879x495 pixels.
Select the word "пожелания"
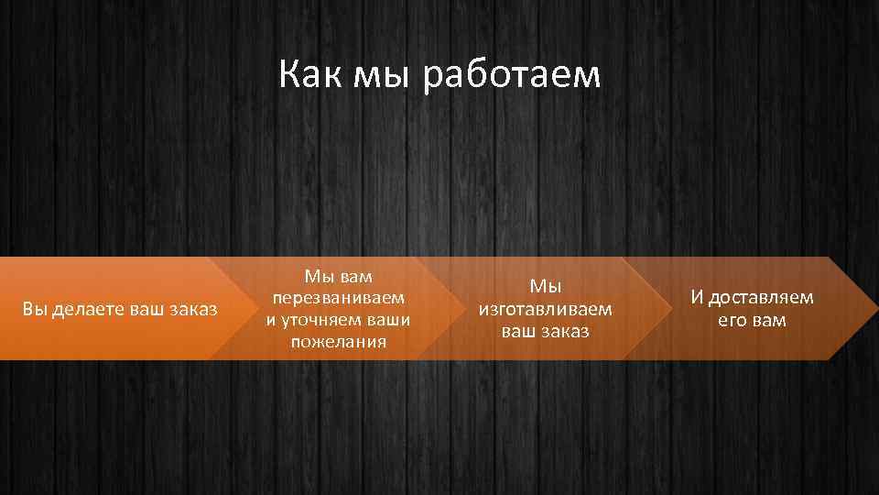point(337,342)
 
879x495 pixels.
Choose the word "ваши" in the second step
point(387,320)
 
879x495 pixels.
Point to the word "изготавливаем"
point(544,309)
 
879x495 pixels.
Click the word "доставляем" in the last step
point(761,298)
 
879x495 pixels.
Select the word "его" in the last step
point(733,320)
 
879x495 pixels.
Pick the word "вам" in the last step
point(769,320)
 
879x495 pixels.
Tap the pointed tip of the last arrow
point(873,309)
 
